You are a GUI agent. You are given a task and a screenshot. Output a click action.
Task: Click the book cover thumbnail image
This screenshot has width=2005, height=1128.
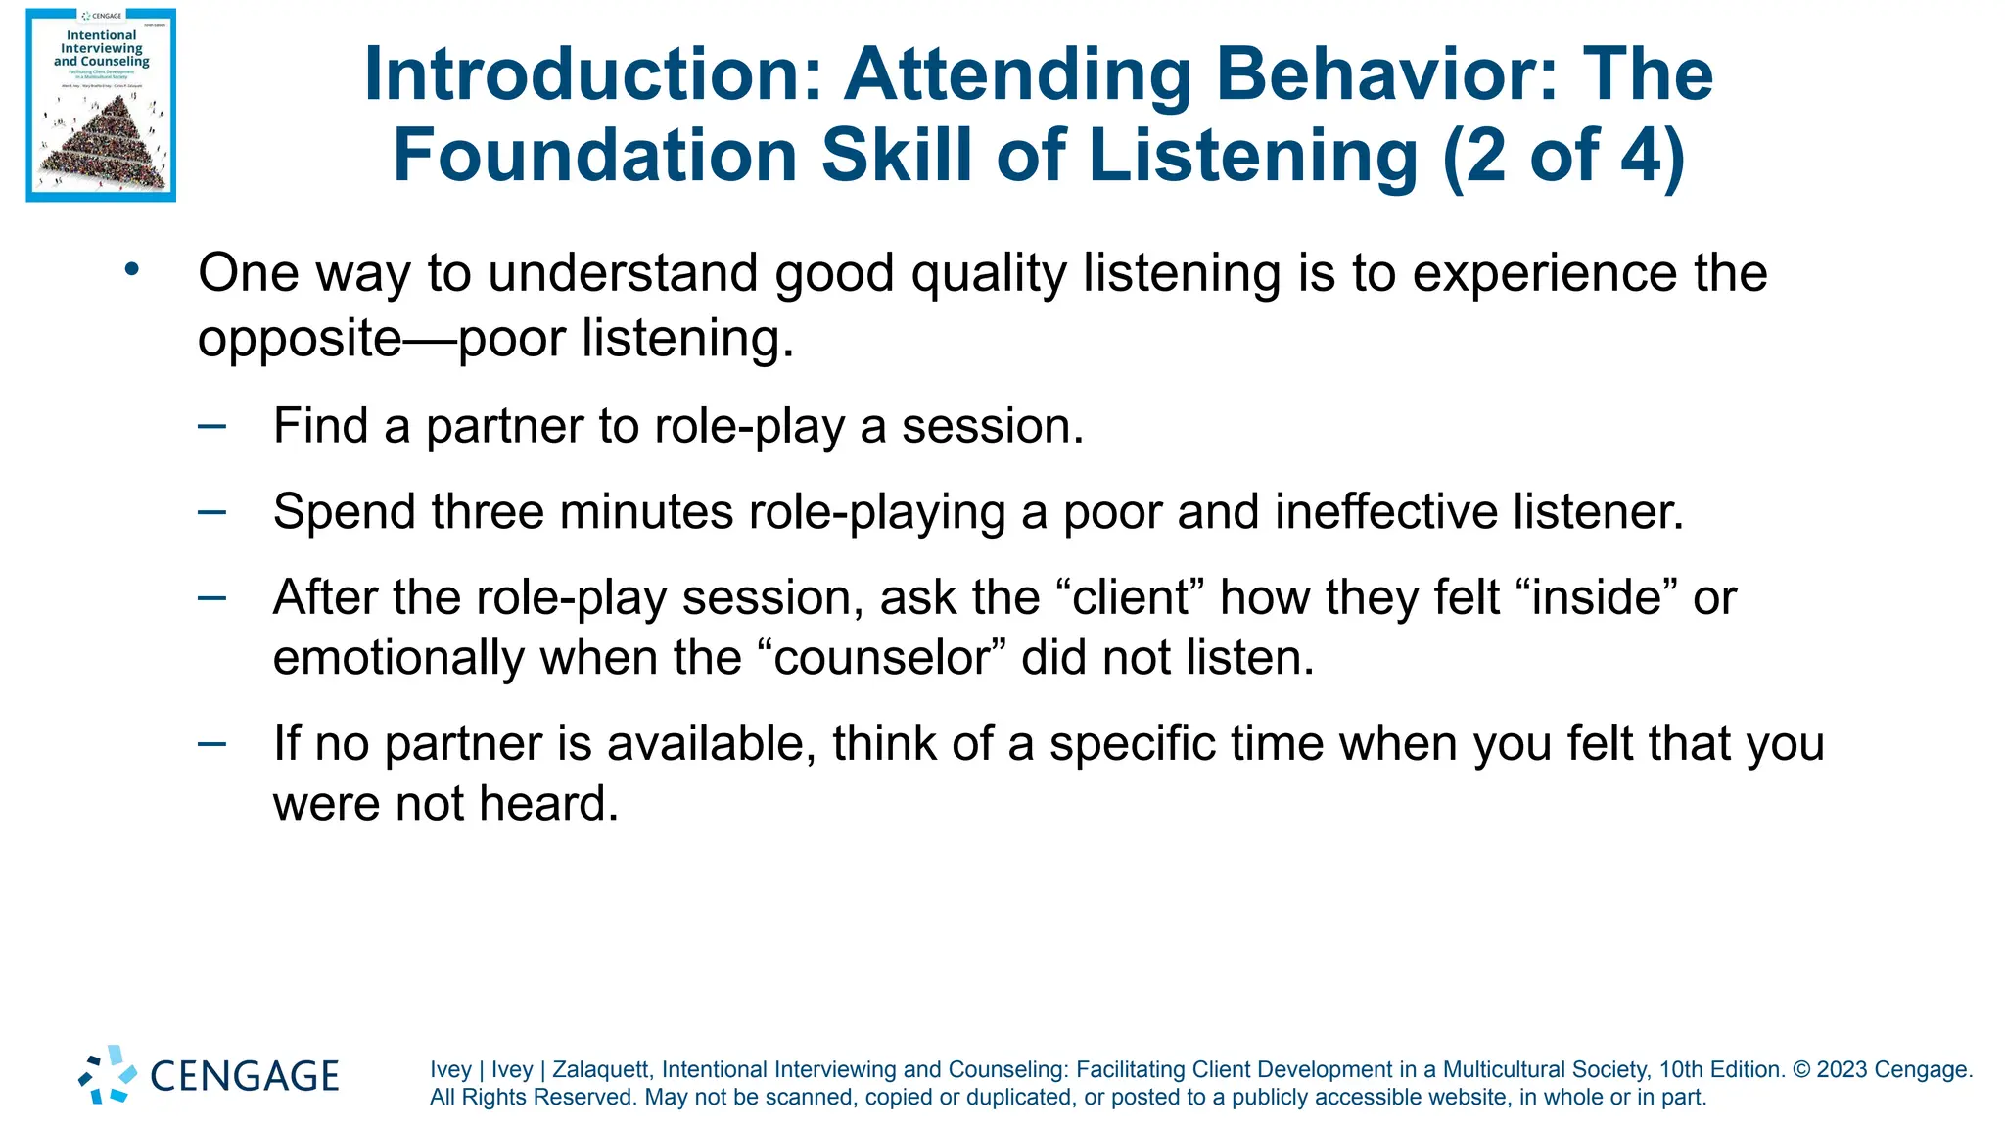101,105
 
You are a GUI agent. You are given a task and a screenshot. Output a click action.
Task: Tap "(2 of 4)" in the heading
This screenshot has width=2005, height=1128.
1563,156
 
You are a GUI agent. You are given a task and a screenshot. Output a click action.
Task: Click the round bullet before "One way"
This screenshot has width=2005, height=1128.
132,268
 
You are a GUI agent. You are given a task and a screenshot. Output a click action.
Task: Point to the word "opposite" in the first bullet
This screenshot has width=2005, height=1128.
300,339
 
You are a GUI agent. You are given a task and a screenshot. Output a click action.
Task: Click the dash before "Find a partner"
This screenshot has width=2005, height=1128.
211,426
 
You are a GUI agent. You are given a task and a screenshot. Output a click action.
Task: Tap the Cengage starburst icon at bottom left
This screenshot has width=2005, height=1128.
108,1075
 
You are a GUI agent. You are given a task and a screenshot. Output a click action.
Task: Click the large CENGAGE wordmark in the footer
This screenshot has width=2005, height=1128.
245,1076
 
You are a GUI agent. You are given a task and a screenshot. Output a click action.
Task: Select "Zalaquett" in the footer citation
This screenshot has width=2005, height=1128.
599,1070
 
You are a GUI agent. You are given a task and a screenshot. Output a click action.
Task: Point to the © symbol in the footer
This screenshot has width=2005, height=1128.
1801,1070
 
